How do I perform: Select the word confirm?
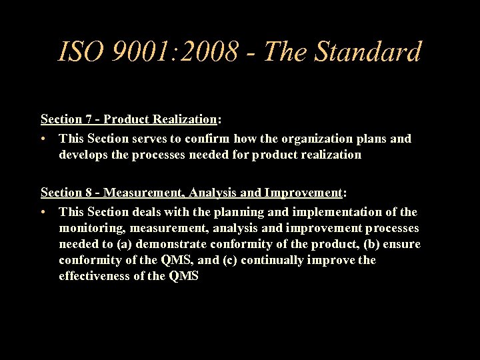click(x=209, y=139)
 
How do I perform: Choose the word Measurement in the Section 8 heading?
click(x=143, y=193)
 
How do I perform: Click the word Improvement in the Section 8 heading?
click(x=303, y=193)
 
